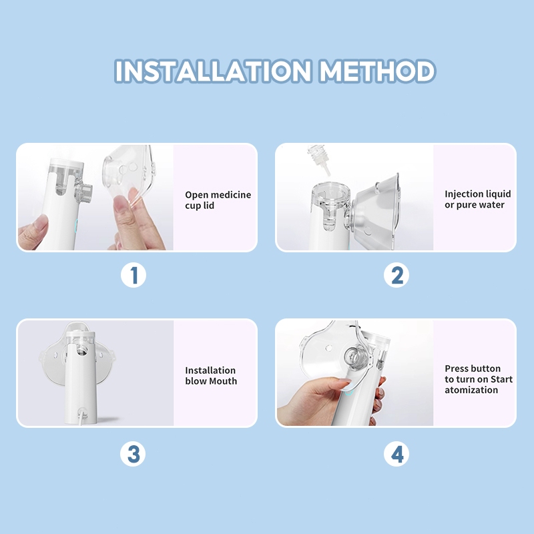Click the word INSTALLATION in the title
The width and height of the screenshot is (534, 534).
click(212, 71)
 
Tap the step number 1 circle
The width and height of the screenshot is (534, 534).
click(133, 275)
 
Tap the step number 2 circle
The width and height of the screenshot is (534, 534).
click(396, 275)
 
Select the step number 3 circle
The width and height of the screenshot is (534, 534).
click(133, 454)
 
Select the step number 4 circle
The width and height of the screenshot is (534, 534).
click(396, 454)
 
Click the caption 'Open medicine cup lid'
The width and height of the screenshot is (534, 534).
click(218, 200)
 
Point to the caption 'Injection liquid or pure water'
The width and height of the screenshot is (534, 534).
click(477, 199)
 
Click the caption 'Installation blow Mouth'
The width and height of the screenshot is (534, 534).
click(211, 375)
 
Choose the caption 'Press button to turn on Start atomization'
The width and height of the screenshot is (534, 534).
click(479, 379)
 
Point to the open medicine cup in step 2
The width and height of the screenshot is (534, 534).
click(330, 204)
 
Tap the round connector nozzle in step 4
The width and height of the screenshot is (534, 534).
click(355, 356)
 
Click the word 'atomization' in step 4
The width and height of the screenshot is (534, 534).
click(471, 390)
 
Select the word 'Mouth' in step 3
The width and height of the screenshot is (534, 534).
click(223, 380)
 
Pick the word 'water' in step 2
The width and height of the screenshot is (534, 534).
click(493, 205)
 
